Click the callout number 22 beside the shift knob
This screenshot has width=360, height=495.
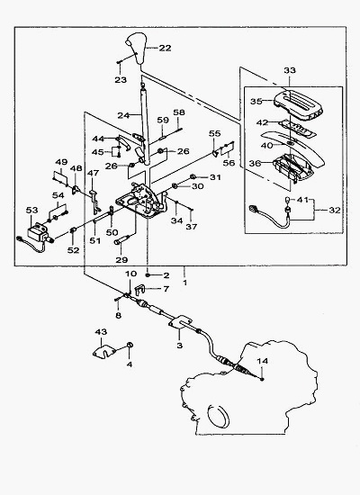click(x=165, y=48)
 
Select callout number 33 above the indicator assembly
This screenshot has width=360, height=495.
click(x=289, y=70)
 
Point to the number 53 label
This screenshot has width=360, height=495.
click(x=31, y=210)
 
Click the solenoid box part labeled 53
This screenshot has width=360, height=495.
click(x=37, y=233)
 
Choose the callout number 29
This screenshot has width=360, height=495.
click(x=121, y=260)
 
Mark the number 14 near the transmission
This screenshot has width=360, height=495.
click(x=263, y=361)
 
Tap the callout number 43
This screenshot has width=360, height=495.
click(x=101, y=332)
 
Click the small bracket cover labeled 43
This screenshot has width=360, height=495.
click(x=103, y=351)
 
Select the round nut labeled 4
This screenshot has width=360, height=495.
click(x=130, y=345)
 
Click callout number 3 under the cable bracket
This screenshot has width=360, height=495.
click(x=179, y=346)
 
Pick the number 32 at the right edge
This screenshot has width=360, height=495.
click(x=335, y=210)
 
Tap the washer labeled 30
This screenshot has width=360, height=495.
click(x=175, y=185)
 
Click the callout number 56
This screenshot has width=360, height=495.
click(x=229, y=163)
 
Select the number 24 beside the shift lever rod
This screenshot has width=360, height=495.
click(x=123, y=115)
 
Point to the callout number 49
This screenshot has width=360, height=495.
click(x=61, y=162)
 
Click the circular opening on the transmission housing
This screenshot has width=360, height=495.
click(x=218, y=415)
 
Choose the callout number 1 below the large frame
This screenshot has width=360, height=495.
click(x=185, y=283)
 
